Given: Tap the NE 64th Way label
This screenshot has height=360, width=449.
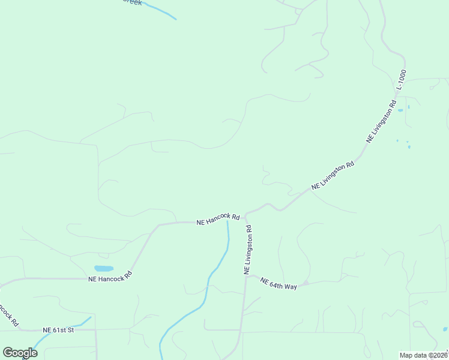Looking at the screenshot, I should point(279,284).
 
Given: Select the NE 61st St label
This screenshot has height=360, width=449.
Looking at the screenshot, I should point(58,330).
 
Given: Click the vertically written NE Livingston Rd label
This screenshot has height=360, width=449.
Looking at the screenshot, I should point(248,250).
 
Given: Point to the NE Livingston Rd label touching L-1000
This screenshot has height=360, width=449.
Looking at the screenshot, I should point(382,121).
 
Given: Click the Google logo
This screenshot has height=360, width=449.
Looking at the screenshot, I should point(20,352).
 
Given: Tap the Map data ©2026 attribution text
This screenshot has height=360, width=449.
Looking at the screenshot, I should point(424,355).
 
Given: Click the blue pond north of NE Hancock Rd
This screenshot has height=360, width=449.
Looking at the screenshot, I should point(104,268).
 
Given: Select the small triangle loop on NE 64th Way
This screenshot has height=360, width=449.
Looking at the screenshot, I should point(306,282).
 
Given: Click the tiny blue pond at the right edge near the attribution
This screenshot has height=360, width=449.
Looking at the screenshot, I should point(445,329).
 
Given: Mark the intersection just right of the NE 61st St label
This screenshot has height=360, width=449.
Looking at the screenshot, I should point(96,329).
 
